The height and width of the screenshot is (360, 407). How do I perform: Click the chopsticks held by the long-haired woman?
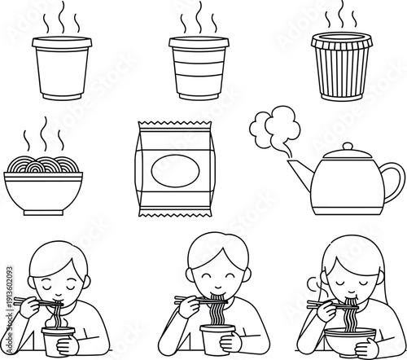[x=320, y=305]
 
